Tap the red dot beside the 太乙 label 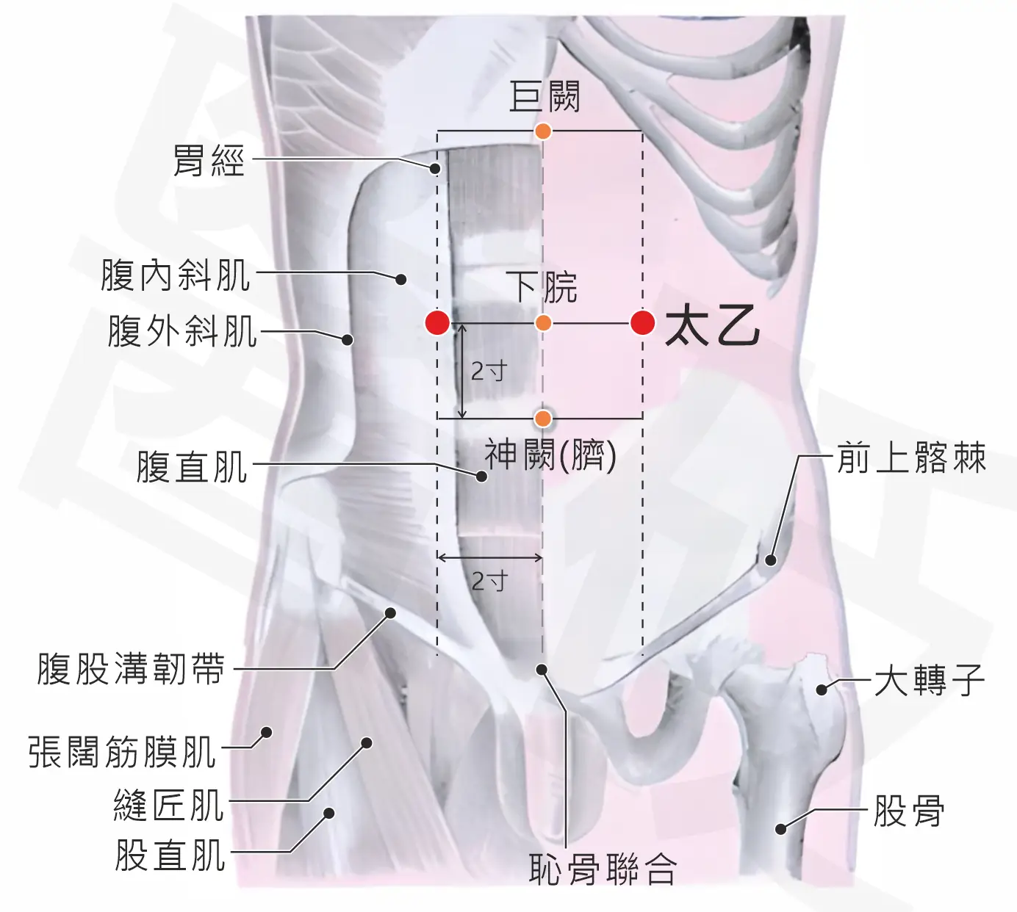[x=642, y=322]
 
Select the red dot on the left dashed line [x=437, y=322]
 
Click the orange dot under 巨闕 [x=542, y=131]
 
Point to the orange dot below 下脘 [x=543, y=323]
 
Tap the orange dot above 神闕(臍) [x=542, y=418]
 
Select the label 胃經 [x=208, y=160]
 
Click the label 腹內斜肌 [x=176, y=275]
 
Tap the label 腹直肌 [x=193, y=466]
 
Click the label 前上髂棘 [x=911, y=457]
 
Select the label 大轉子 [x=930, y=680]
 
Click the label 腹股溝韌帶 [x=131, y=669]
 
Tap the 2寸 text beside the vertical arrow [x=489, y=372]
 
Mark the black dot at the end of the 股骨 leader [x=780, y=829]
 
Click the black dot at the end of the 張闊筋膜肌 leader [x=267, y=732]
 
